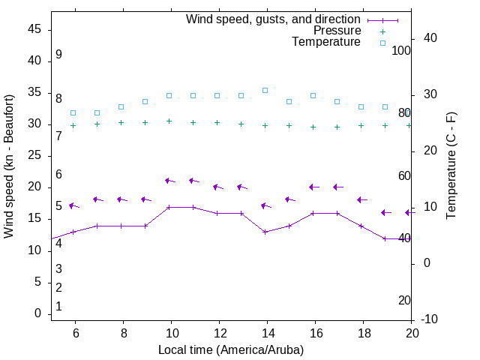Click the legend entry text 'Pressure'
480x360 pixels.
click(337, 31)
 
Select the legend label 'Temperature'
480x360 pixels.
click(326, 42)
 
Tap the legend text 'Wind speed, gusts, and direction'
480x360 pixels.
click(274, 19)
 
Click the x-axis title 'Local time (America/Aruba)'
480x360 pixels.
click(231, 349)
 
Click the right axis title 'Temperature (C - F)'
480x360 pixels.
click(451, 166)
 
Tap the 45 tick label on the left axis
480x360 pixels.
click(34, 29)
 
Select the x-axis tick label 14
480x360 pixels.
click(267, 333)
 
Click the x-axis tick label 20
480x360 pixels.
click(412, 333)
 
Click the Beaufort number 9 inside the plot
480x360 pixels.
click(58, 55)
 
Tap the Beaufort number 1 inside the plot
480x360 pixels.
click(58, 307)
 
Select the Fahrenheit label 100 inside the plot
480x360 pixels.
click(401, 50)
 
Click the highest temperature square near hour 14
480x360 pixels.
click(265, 90)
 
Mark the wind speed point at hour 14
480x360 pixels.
click(265, 232)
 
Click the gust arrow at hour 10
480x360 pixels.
click(169, 181)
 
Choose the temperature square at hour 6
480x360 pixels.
click(73, 112)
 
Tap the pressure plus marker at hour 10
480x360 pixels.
click(169, 121)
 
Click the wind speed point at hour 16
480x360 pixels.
click(313, 213)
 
